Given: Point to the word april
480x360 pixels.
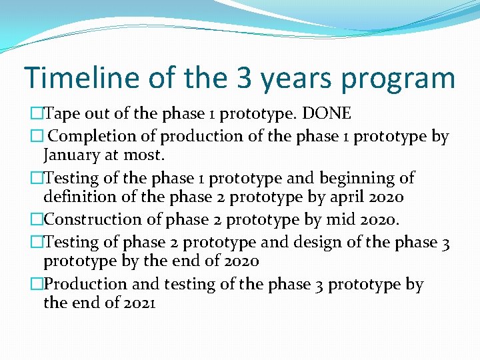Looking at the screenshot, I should click(338, 198).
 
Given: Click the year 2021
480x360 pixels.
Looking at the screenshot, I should click(139, 303).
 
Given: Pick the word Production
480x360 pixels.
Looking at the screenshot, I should click(86, 284).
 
